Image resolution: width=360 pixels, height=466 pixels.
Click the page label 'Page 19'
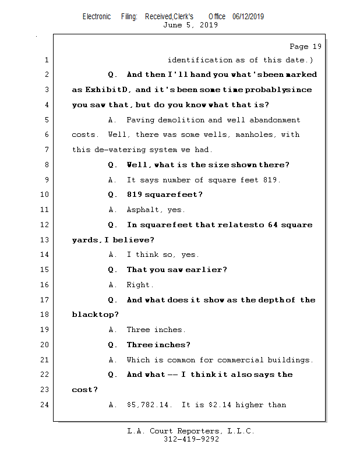click(305, 47)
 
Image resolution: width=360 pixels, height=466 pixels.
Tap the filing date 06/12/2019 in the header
click(248, 17)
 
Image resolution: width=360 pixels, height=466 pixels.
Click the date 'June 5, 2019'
click(190, 25)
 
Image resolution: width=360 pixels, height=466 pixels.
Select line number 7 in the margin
click(47, 150)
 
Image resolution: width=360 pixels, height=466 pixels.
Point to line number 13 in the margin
click(45, 240)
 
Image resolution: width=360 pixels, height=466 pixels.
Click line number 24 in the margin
click(45, 405)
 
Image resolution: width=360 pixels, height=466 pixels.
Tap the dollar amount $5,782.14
click(149, 405)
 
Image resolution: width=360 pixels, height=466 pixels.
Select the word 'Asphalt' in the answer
click(143, 210)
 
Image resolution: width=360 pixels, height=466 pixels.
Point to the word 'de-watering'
click(119, 150)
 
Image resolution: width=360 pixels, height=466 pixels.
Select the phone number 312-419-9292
click(191, 440)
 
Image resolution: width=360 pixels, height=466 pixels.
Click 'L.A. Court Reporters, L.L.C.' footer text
click(190, 432)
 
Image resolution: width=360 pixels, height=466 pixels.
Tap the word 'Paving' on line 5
click(140, 120)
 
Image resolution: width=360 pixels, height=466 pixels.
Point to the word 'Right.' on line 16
click(140, 285)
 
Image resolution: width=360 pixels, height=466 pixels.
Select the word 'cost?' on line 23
click(84, 390)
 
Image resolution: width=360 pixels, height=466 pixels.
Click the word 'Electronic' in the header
click(97, 17)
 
